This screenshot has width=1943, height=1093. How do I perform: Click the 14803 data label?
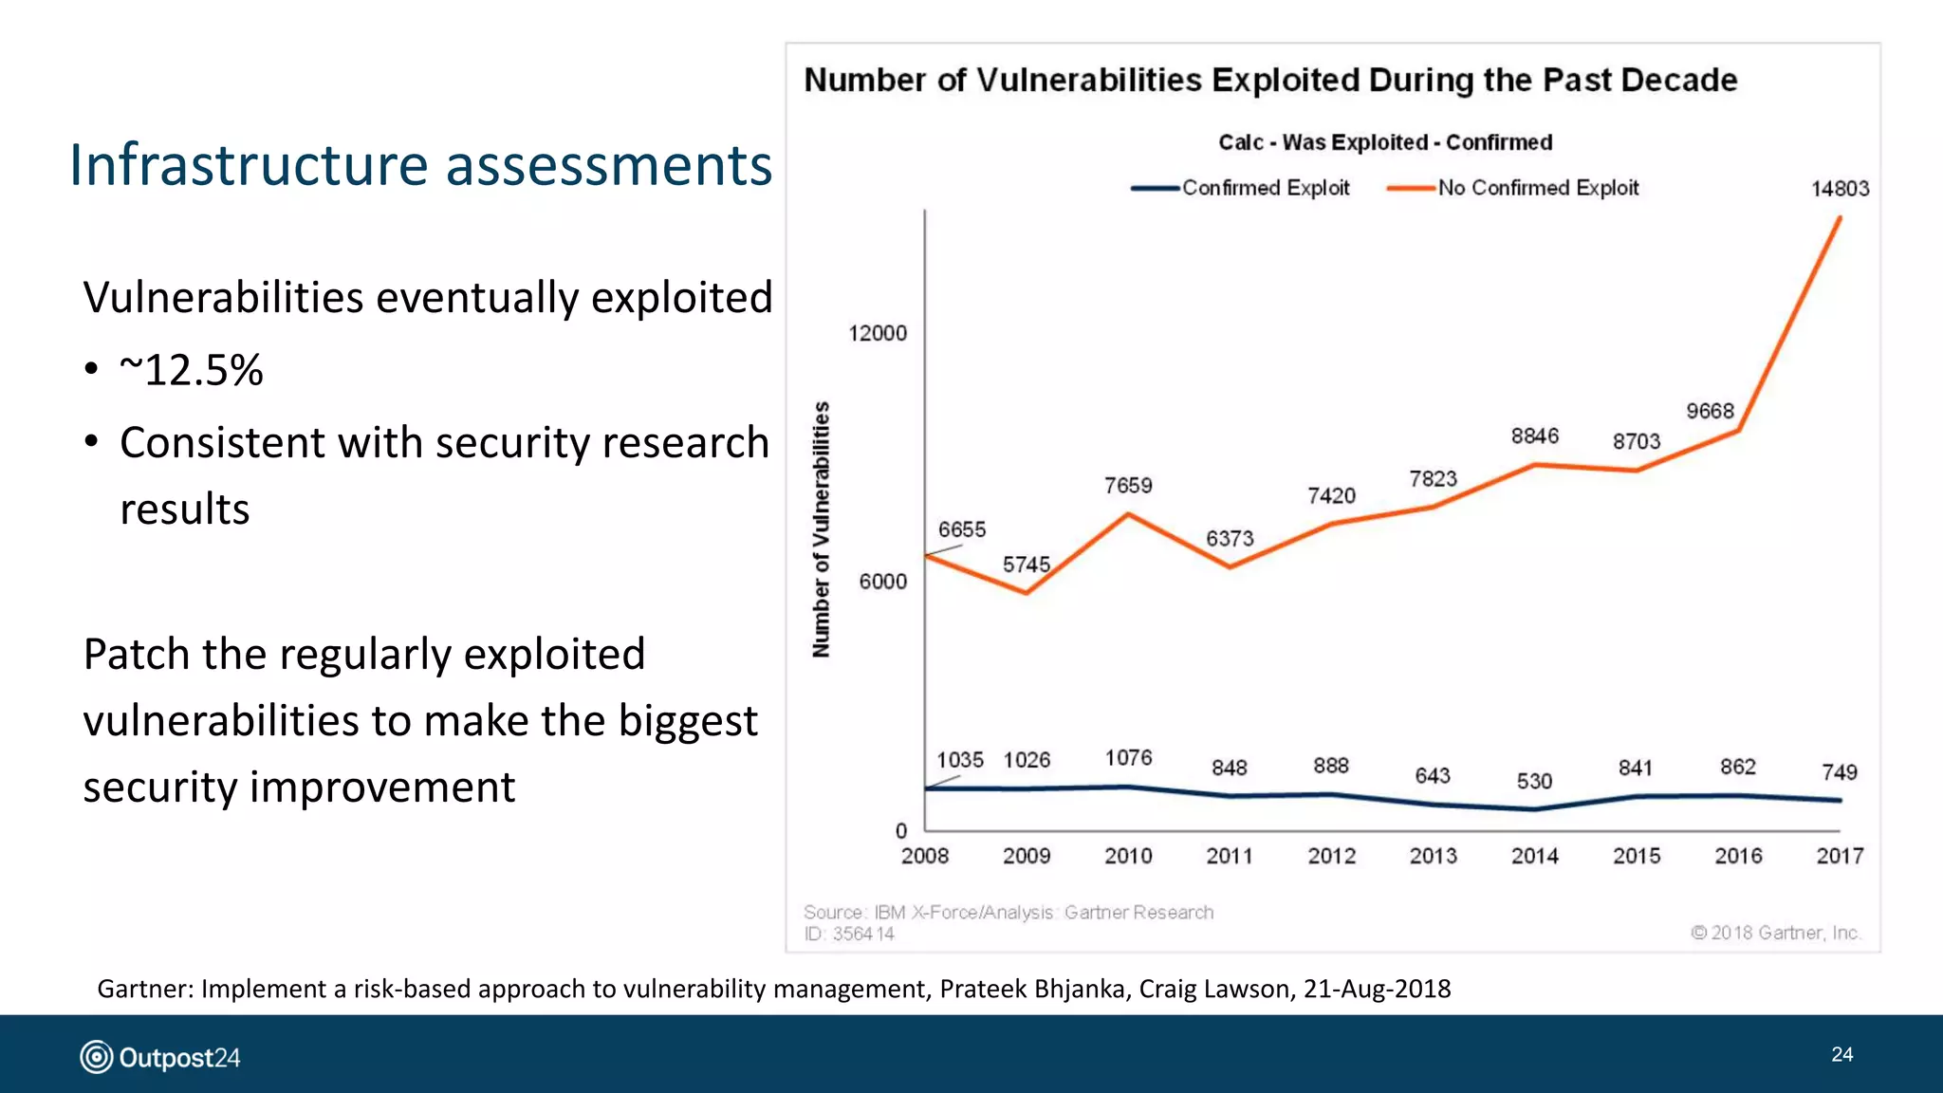1840,189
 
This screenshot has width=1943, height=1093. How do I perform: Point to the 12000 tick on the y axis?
877,333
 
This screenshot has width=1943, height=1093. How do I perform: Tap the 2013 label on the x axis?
1433,856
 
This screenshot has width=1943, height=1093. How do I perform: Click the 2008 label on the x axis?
924,856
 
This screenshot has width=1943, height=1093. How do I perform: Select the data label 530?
1534,781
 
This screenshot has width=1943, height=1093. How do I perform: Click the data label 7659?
1128,486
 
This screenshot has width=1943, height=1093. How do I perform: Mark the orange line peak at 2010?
1128,514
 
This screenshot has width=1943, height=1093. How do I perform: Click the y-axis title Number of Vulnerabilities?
822,529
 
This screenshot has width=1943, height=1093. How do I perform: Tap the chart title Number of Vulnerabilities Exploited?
1270,80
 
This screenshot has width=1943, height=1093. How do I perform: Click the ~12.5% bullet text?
192,370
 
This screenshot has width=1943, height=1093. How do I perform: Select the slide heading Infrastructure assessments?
420,165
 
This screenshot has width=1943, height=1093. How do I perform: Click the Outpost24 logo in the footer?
160,1057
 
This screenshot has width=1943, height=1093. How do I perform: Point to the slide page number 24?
1841,1054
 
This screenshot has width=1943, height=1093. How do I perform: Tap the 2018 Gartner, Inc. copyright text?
1775,933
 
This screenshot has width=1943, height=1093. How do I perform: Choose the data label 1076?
1128,758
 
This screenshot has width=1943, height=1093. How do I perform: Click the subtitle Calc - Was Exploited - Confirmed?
1385,142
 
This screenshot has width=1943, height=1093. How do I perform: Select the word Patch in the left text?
136,655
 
